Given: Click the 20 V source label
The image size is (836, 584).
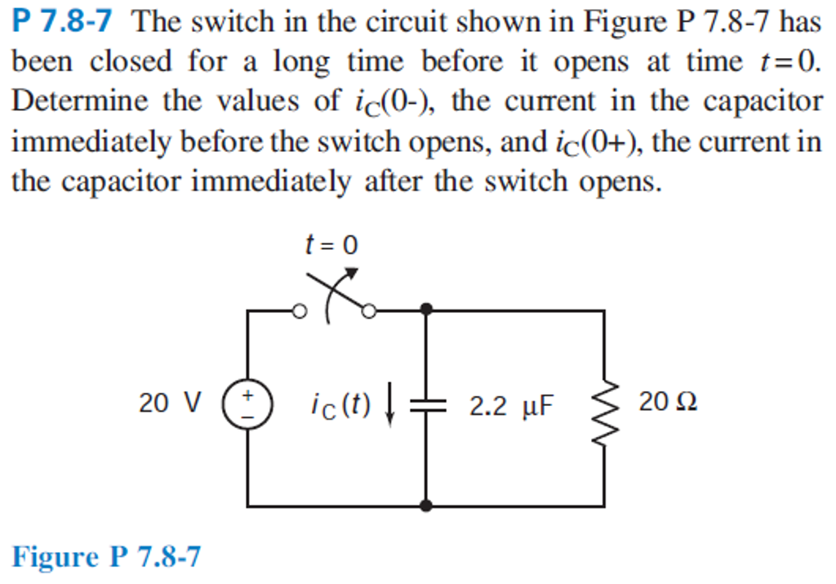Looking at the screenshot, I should click(x=169, y=403).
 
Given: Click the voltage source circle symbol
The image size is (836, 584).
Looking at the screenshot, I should click(x=247, y=405).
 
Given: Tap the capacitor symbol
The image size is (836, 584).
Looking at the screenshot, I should click(x=426, y=404).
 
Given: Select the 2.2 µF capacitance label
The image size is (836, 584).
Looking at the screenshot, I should click(x=511, y=404).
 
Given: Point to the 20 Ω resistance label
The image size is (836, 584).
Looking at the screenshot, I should click(x=668, y=402).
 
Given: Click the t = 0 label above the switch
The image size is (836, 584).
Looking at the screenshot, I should click(x=331, y=245).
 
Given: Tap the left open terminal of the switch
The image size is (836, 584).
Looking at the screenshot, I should click(x=300, y=311).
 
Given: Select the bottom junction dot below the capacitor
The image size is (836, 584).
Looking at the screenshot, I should click(x=426, y=506).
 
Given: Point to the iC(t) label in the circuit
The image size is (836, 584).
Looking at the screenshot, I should click(x=340, y=403).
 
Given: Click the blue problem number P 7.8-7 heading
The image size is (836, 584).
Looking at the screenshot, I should click(x=62, y=22).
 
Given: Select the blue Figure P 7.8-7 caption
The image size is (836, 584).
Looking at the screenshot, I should click(x=105, y=557).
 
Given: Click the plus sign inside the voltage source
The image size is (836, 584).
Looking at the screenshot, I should click(x=247, y=395).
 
